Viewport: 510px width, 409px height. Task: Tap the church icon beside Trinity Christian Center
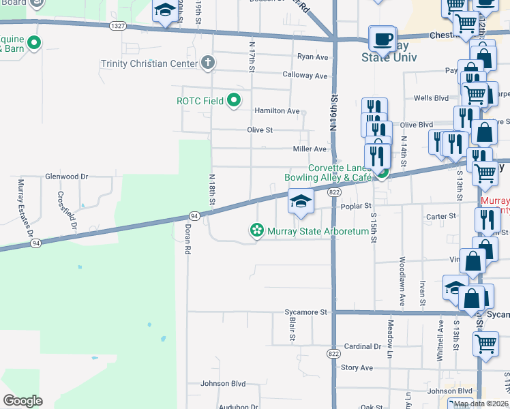click(209, 63)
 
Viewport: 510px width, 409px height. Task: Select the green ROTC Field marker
click(235, 101)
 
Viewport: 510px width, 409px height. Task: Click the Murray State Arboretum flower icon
click(256, 232)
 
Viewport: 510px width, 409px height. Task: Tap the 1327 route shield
click(118, 26)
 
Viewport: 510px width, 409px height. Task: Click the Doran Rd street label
click(187, 239)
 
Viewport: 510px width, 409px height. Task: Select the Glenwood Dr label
click(67, 176)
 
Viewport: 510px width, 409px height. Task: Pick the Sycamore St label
click(307, 312)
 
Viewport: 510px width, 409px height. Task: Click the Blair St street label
click(292, 328)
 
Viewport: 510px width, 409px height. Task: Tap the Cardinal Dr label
click(362, 346)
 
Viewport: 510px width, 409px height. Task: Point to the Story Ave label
click(357, 367)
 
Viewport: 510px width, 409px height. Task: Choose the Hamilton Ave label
click(277, 110)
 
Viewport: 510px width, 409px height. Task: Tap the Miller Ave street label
click(310, 149)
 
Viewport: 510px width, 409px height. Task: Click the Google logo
click(22, 400)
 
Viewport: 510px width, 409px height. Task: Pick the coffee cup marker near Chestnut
click(382, 39)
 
